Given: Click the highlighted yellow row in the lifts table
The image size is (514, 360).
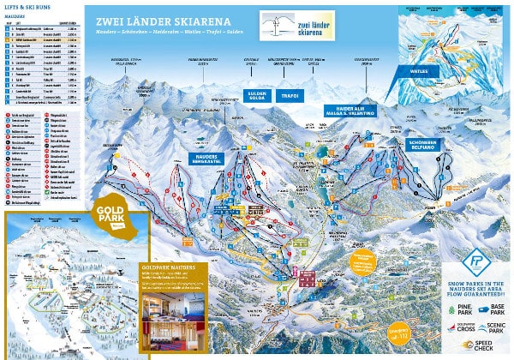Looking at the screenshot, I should (42, 43).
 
